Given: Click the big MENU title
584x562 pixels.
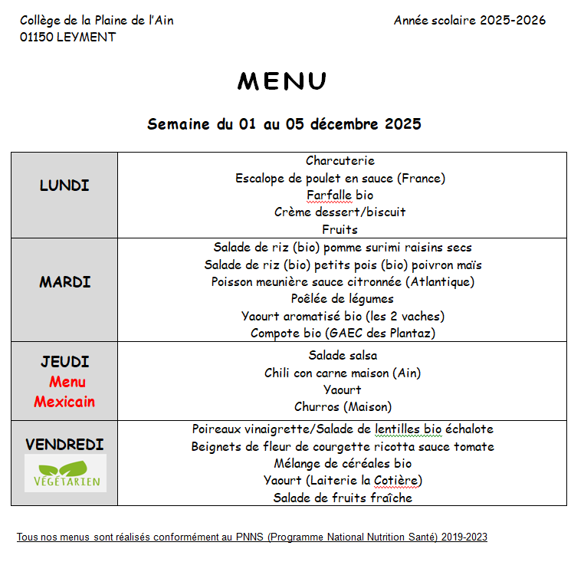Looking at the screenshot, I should (x=282, y=81).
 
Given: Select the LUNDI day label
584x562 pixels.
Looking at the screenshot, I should (x=64, y=186).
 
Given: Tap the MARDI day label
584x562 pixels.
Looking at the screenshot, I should (x=65, y=282).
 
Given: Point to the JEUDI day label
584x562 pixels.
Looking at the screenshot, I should (x=65, y=362).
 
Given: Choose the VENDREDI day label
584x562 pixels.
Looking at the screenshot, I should (x=64, y=445).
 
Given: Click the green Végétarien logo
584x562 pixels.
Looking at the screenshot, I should (x=65, y=473).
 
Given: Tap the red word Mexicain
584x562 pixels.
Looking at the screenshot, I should (x=64, y=402).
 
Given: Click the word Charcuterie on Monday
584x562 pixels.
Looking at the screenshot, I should (x=340, y=161).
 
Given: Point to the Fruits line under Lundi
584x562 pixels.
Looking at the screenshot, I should (x=340, y=229).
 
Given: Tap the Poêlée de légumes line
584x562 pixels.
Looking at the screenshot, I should (x=342, y=299).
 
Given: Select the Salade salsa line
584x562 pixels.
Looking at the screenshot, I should (x=343, y=356).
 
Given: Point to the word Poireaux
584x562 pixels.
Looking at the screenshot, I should (x=218, y=430).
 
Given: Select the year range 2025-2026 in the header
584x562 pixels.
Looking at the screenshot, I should (x=513, y=21).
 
